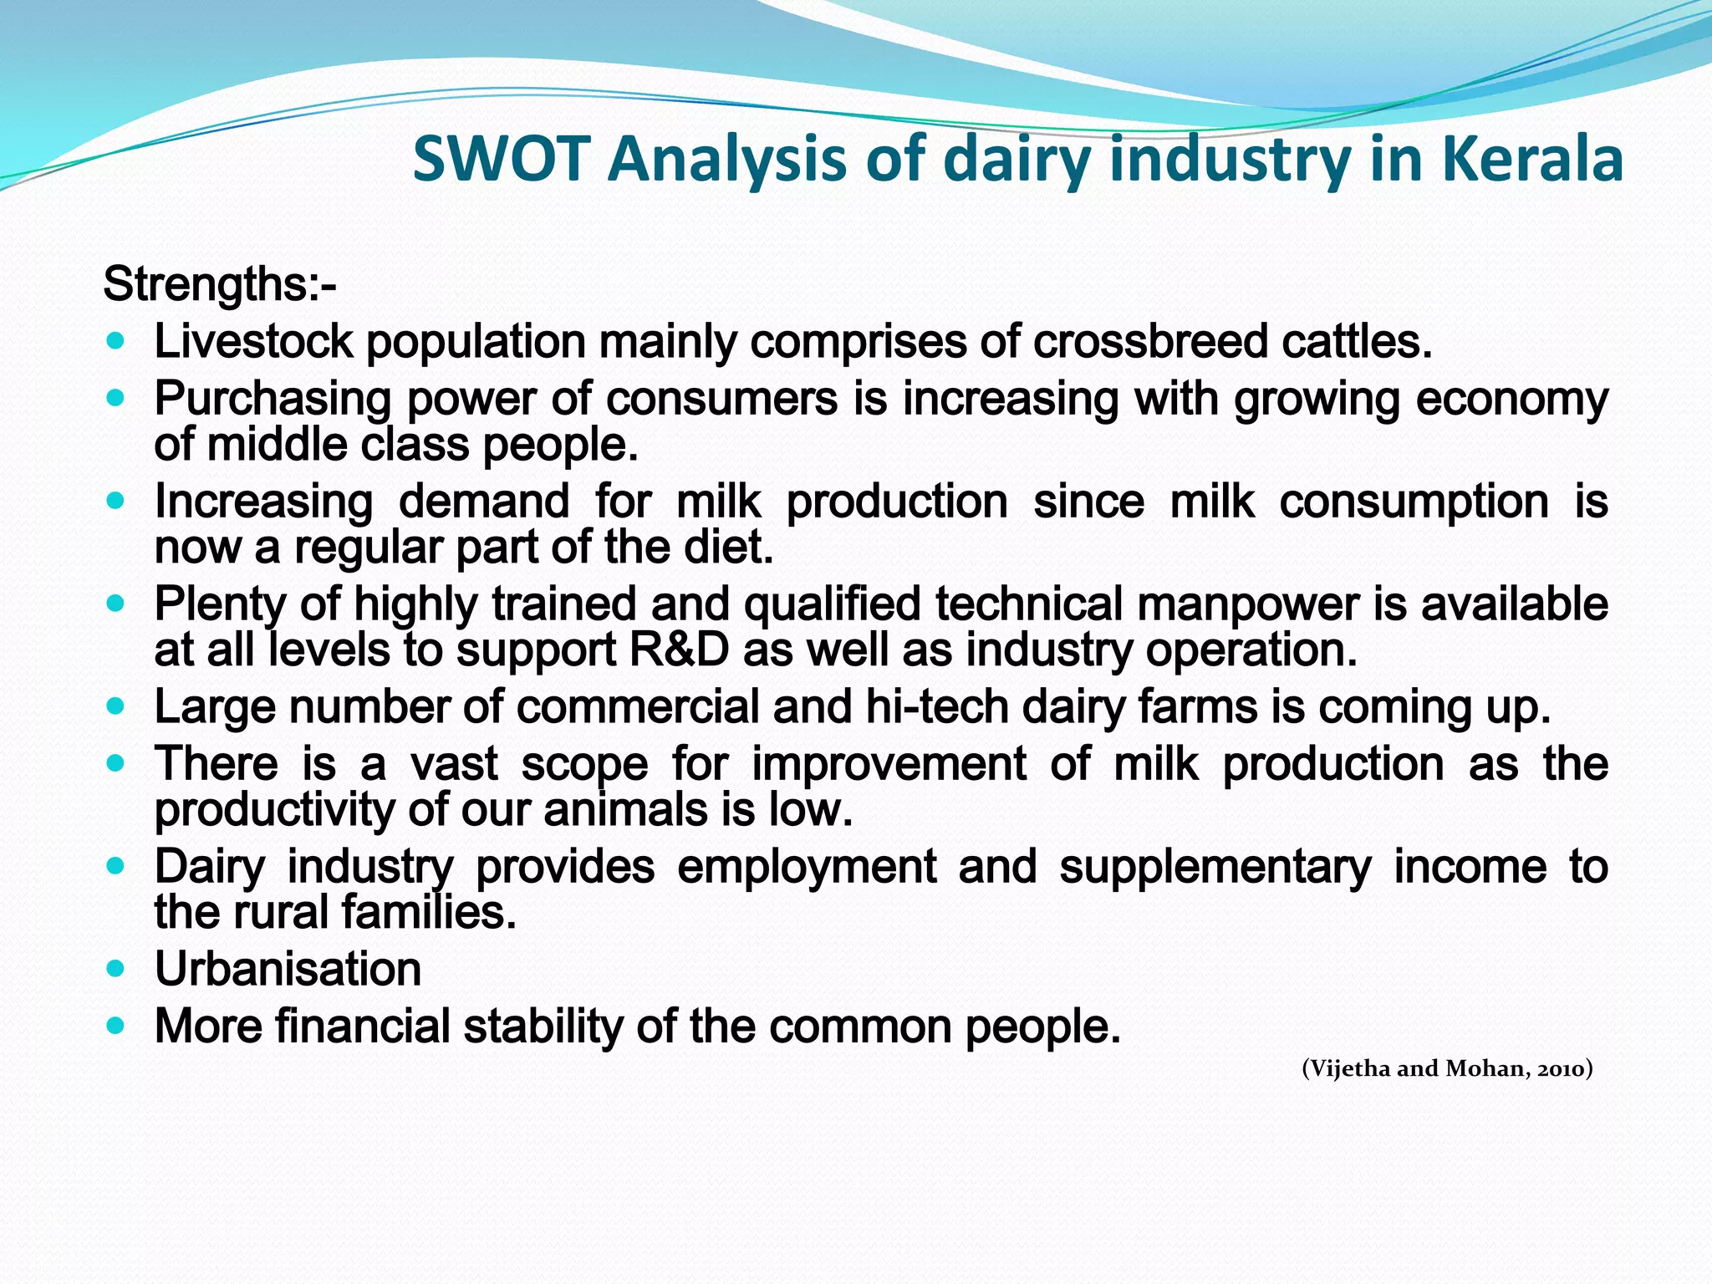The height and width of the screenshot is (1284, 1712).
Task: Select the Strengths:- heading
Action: click(220, 284)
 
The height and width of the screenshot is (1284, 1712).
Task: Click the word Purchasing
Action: click(273, 399)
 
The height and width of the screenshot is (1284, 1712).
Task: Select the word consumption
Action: click(1414, 502)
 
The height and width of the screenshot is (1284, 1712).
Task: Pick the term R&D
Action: click(679, 650)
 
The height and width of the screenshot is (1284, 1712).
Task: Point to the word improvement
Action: click(889, 764)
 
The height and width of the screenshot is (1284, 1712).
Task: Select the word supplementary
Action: click(1215, 867)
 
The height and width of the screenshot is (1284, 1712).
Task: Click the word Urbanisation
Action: click(288, 970)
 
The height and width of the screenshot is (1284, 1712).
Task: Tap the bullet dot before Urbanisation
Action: click(116, 970)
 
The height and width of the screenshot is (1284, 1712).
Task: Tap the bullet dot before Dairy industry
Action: click(116, 867)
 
